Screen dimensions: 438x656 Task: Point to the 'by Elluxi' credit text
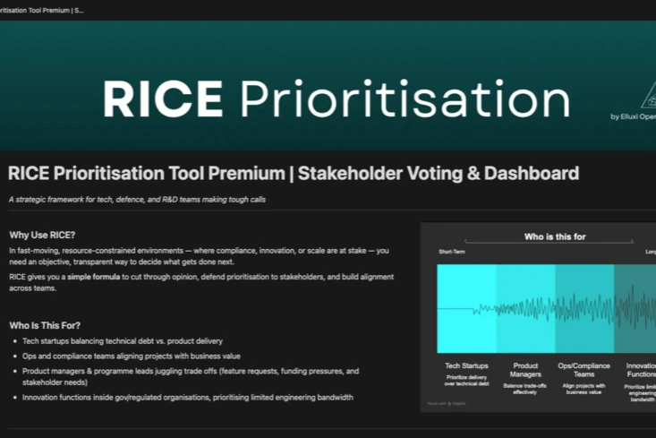click(x=632, y=116)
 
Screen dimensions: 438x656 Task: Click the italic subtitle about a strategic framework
click(x=136, y=199)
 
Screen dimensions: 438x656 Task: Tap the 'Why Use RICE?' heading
click(x=42, y=234)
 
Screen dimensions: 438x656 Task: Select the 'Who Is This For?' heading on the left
click(x=51, y=325)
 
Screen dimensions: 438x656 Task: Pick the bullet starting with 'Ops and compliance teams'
click(x=124, y=356)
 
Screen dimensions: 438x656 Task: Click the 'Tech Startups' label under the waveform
click(x=466, y=365)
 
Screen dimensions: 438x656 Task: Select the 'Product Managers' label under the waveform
click(x=525, y=371)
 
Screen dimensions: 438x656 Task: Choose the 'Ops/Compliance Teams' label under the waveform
click(x=584, y=371)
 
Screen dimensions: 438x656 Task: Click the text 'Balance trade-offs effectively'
click(x=525, y=390)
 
